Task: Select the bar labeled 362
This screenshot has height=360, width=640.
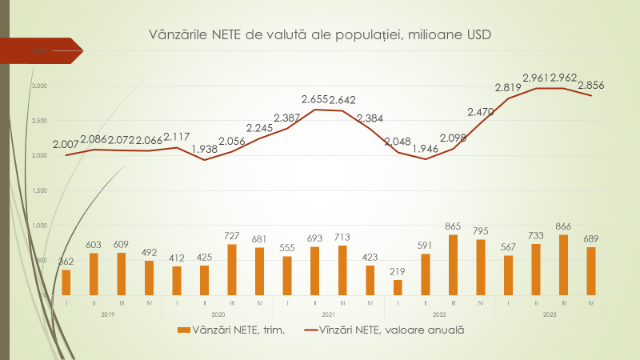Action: click(x=66, y=282)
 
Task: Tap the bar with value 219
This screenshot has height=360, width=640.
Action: click(x=398, y=286)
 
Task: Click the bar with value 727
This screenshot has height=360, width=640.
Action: click(x=232, y=269)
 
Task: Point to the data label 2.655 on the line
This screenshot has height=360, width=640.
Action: click(x=315, y=99)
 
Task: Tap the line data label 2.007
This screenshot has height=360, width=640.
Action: click(x=66, y=145)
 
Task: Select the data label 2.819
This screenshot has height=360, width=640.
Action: click(x=508, y=88)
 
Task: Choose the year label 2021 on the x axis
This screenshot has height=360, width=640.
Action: click(x=329, y=314)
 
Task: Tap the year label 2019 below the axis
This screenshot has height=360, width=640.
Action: click(x=107, y=314)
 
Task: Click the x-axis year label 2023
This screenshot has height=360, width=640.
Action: click(x=550, y=314)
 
